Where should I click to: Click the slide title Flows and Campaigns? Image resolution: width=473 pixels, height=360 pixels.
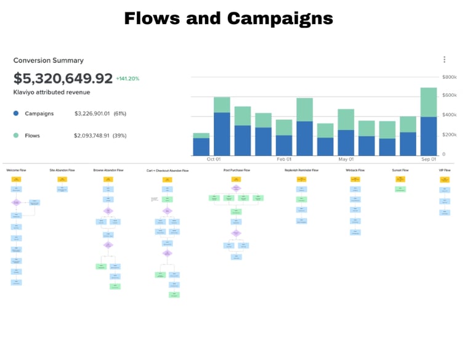(x=228, y=18)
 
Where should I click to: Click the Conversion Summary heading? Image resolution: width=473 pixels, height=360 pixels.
(x=49, y=60)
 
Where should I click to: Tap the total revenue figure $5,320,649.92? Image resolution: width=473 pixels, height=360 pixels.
(x=63, y=78)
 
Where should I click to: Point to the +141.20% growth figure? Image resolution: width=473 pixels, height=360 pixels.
(x=128, y=79)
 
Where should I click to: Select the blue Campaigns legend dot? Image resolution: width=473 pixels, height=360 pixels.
(x=16, y=113)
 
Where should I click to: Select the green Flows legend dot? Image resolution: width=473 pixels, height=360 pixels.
(x=16, y=135)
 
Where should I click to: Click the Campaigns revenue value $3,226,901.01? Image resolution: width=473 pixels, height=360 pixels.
(x=92, y=113)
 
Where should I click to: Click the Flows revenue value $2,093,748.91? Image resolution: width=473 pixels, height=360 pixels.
(x=92, y=135)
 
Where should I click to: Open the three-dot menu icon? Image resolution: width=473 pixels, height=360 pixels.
(x=444, y=60)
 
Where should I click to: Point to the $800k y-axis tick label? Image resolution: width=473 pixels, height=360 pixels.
(x=450, y=77)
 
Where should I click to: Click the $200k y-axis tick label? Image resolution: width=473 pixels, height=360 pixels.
(x=450, y=135)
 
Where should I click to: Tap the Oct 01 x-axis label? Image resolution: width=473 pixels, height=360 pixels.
(x=214, y=159)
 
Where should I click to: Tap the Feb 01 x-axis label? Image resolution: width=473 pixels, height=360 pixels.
(x=284, y=159)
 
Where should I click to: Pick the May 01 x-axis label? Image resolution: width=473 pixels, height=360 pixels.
(x=346, y=159)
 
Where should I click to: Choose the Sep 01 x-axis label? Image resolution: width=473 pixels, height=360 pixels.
(x=429, y=159)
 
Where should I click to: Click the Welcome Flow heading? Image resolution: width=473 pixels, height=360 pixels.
(x=15, y=170)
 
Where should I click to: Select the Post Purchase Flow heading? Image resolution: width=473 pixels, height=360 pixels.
(x=236, y=170)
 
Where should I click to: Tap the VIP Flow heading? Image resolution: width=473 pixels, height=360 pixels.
(x=445, y=170)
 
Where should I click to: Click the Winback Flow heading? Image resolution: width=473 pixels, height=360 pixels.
(x=355, y=170)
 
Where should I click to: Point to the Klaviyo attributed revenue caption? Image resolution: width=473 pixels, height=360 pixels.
(x=52, y=92)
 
